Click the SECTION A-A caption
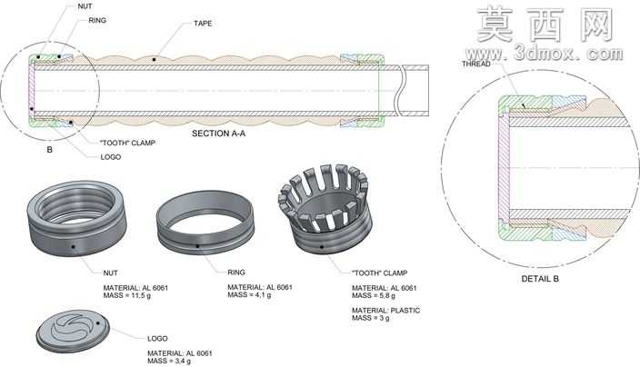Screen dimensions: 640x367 point(218,134)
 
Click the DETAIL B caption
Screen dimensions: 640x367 point(540,279)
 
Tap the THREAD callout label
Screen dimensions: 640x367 point(476,64)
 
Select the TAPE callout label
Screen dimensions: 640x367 point(203,24)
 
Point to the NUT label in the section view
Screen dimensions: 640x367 point(85,6)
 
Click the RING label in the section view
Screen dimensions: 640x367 point(97,20)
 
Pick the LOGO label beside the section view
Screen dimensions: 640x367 point(111,157)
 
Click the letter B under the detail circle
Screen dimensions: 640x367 point(49,150)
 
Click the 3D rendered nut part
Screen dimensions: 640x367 point(76,218)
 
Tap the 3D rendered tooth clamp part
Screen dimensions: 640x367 point(325,209)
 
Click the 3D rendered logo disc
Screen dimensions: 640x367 point(73,331)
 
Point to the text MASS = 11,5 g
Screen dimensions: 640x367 point(127,295)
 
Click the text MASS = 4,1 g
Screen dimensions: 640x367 point(249,294)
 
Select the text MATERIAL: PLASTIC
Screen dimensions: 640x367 point(385,311)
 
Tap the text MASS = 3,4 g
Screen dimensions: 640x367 point(169,361)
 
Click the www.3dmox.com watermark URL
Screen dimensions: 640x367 point(545,54)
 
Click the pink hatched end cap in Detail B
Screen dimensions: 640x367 point(504,168)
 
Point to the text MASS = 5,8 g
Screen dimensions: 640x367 point(374,295)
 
